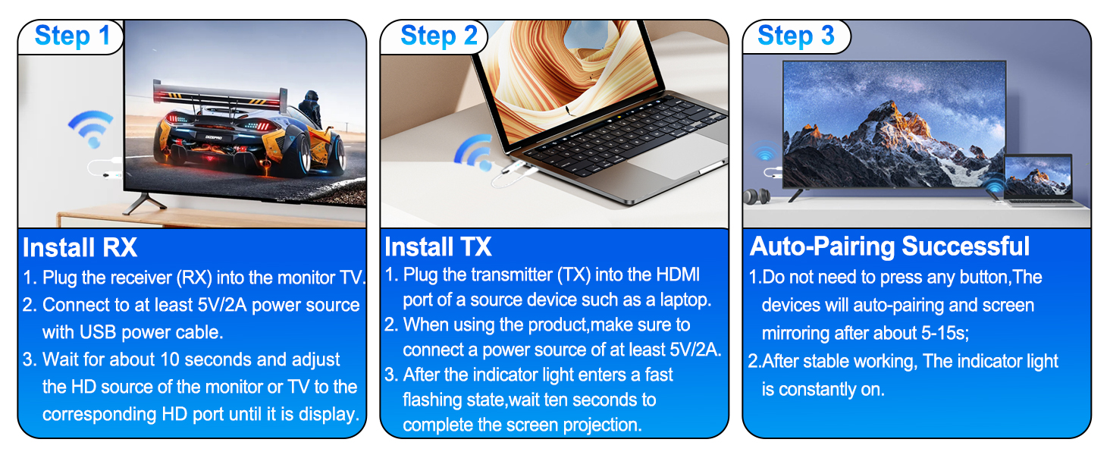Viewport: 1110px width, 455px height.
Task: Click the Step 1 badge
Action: tap(72, 36)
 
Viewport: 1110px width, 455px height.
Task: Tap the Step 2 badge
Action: tap(438, 36)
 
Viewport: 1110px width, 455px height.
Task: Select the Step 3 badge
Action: tap(795, 36)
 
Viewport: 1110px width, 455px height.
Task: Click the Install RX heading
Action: tap(80, 248)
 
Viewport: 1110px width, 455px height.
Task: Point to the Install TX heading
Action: tap(438, 247)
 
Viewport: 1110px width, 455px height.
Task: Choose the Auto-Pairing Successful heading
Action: tap(889, 246)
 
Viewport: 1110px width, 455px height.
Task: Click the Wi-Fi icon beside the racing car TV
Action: tap(90, 129)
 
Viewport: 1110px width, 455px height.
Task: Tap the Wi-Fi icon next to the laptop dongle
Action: tap(473, 152)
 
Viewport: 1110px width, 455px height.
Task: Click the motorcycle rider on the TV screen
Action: tap(310, 110)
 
